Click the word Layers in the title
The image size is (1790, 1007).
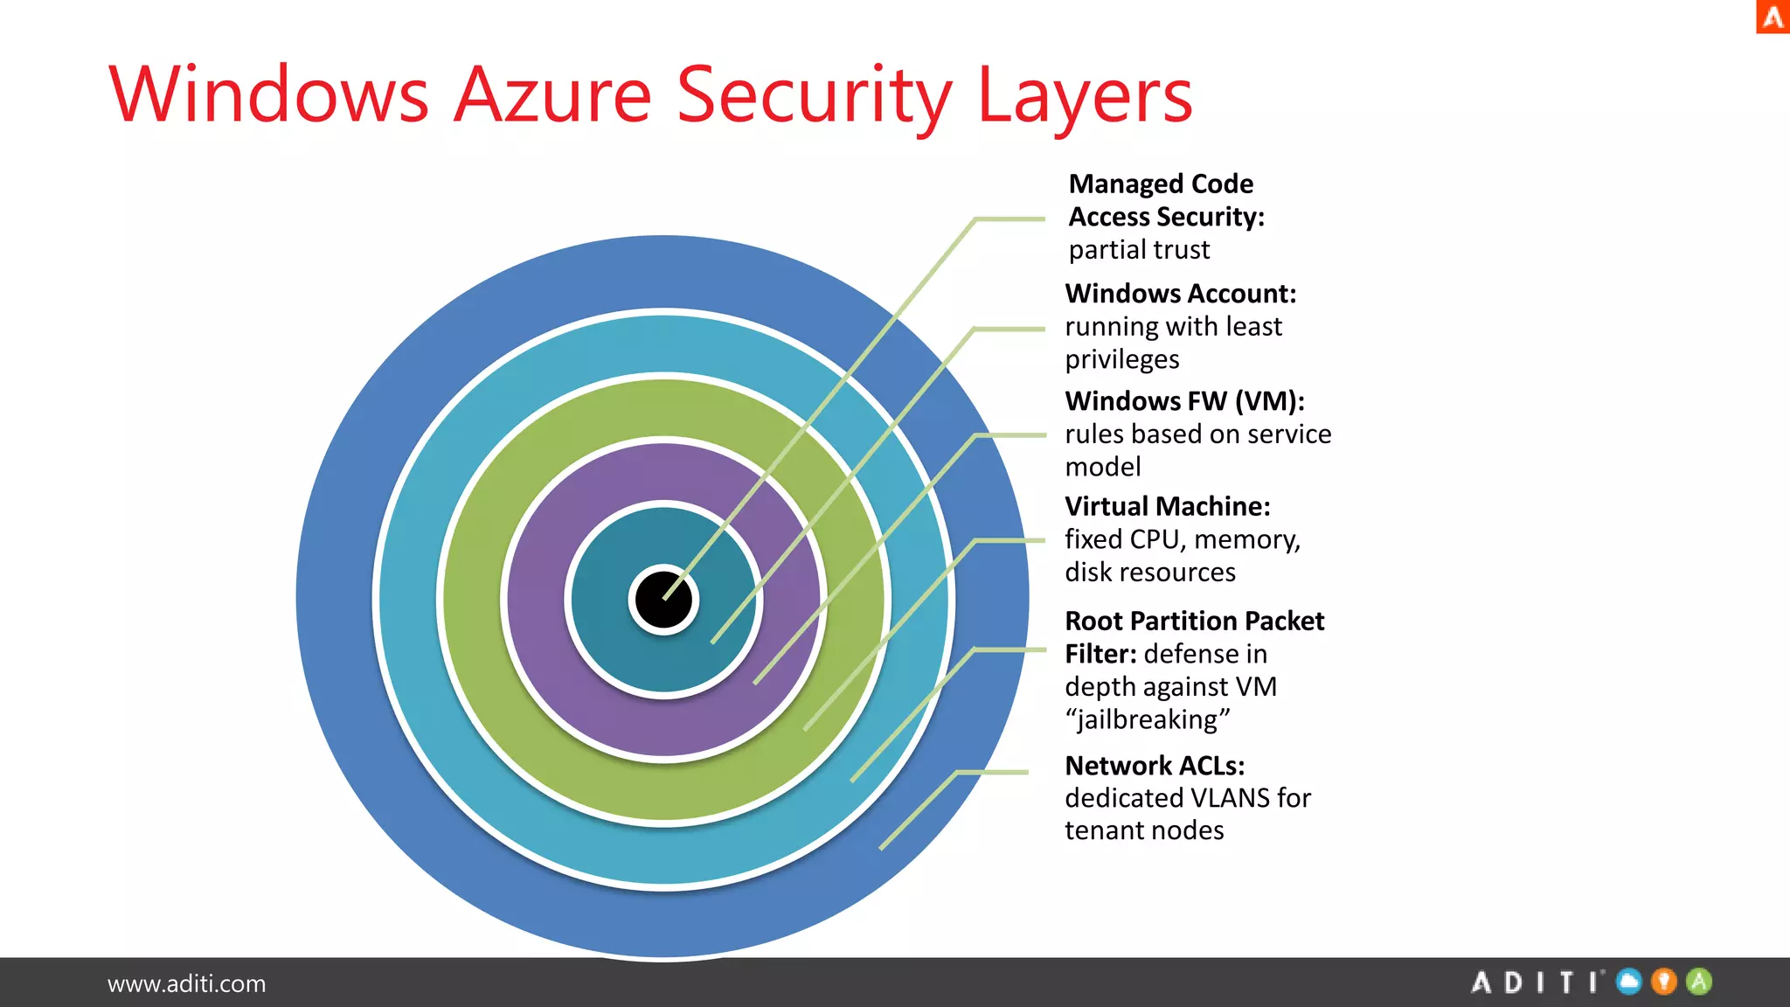1084,96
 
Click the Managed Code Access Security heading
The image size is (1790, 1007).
1166,200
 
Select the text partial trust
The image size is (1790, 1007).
1139,250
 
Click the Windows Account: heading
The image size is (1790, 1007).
1180,294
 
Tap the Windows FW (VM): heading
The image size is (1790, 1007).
1184,401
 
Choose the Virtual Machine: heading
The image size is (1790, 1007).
1167,507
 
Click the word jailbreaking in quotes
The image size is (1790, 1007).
1148,719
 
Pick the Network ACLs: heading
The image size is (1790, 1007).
1154,766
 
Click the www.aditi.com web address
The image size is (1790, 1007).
186,983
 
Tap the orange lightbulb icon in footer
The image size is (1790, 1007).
1664,982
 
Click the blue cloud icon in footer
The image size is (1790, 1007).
1629,982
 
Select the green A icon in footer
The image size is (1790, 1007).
1699,982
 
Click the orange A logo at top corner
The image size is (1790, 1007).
1773,17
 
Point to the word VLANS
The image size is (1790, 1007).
1217,798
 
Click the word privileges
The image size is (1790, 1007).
1121,359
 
